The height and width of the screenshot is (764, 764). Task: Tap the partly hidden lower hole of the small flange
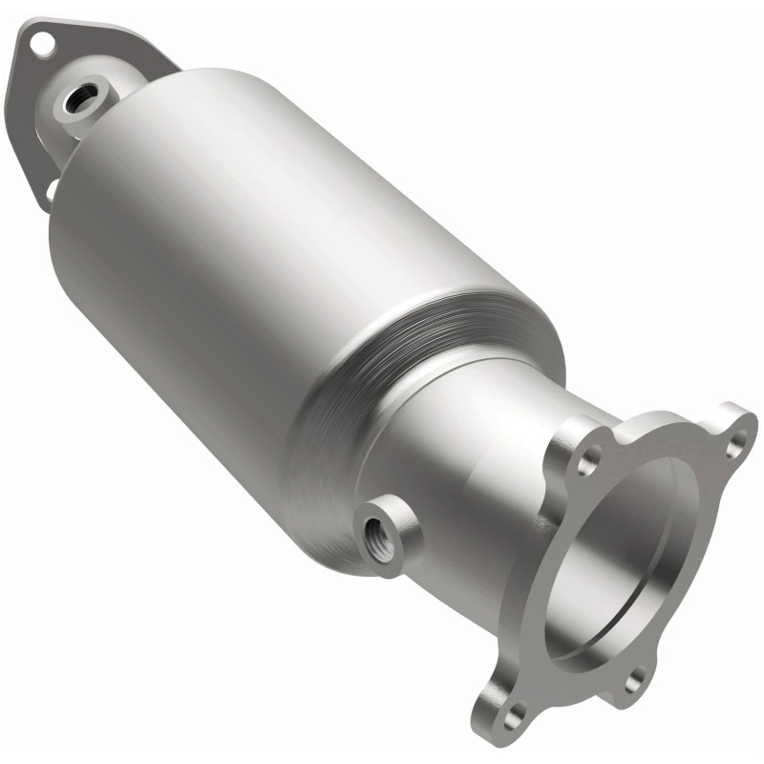click(50, 191)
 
